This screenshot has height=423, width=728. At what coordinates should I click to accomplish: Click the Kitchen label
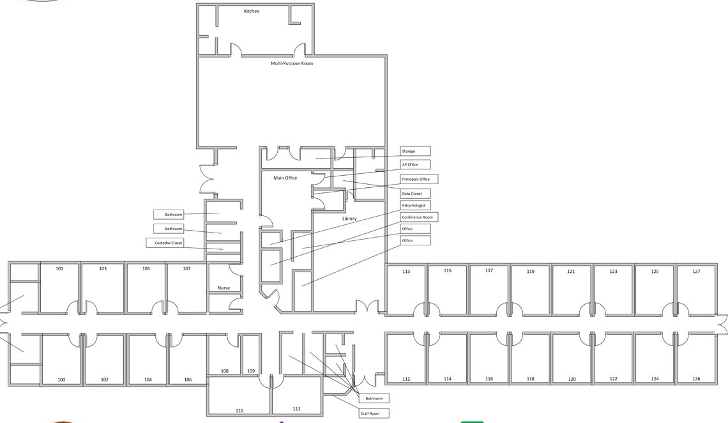pos(252,11)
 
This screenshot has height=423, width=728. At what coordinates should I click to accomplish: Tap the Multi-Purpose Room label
pos(292,64)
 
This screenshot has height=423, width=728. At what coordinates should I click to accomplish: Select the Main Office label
pos(285,178)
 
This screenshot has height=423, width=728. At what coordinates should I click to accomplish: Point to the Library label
pos(349,219)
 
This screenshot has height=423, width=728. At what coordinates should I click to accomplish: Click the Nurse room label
pos(224,288)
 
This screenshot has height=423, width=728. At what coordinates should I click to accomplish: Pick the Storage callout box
pos(416,151)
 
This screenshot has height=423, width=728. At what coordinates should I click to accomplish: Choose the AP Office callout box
pos(416,164)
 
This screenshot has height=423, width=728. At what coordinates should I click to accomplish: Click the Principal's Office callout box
pos(420,179)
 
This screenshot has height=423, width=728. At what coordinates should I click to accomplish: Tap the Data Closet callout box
pos(416,194)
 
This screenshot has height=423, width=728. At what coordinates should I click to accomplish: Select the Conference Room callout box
pos(420,217)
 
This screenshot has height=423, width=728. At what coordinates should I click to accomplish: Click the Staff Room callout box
pos(374,413)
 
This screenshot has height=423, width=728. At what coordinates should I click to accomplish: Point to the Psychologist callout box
pos(416,205)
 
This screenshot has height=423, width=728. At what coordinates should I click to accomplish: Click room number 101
pos(59,269)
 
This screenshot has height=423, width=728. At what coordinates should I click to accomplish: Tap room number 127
pos(697,272)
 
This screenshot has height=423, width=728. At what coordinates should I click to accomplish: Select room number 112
pos(406,380)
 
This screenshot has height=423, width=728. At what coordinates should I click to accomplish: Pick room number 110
pos(239,410)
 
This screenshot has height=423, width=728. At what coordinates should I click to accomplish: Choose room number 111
pos(297,409)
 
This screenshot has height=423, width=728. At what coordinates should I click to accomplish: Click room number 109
pos(251,371)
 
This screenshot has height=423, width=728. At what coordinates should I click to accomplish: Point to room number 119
pos(531,272)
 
